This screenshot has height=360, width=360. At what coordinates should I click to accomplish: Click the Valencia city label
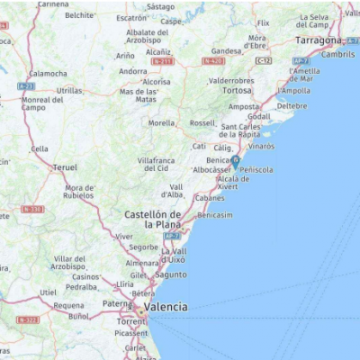click(x=166, y=307)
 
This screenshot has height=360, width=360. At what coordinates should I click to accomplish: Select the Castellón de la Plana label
click(x=153, y=219)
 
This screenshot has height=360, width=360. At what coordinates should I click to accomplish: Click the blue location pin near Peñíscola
click(x=235, y=161)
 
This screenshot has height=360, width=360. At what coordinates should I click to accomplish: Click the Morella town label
click(x=162, y=123)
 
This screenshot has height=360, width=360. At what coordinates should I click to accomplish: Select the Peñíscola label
click(x=256, y=169)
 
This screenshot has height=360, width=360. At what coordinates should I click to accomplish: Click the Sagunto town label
click(x=172, y=274)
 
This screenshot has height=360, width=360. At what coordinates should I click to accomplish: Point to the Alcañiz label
click(x=158, y=51)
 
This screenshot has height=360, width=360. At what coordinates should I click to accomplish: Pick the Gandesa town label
click(x=226, y=51)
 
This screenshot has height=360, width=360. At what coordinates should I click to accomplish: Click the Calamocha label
click(x=48, y=74)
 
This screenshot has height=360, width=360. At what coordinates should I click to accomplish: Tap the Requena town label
click(x=69, y=306)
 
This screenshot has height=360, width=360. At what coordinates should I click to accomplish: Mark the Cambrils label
click(x=337, y=54)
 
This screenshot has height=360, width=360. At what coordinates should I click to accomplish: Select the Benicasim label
click(x=215, y=216)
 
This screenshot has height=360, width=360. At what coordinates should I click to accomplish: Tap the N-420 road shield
click(x=213, y=61)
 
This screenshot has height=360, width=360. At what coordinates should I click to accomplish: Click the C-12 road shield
click(x=264, y=60)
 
